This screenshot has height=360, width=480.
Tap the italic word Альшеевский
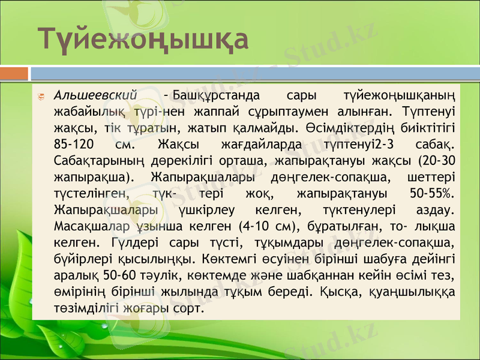(x=97, y=95)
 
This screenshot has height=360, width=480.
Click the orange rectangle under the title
(x=14, y=73)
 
